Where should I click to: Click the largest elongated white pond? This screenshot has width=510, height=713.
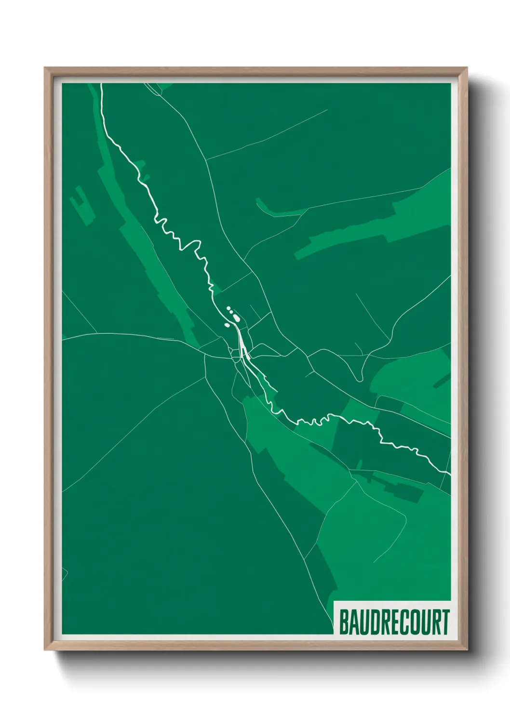click(x=236, y=317)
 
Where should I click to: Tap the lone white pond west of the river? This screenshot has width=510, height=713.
click(x=227, y=325)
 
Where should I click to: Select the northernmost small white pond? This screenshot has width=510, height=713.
click(x=228, y=308)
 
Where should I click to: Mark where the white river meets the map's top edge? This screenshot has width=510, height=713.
click(x=101, y=84)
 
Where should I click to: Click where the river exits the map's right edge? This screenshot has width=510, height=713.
click(x=450, y=474)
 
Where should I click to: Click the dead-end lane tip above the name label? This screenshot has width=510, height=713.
click(x=374, y=562)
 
